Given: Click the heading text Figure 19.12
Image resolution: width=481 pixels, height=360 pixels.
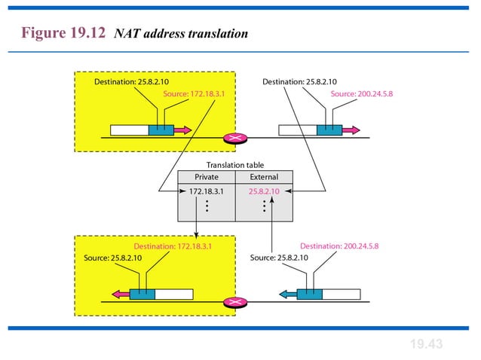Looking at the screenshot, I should [64, 34].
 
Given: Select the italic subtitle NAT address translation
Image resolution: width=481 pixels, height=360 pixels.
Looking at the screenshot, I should [181, 35].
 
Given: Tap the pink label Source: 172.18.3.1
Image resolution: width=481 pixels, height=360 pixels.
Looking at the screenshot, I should [194, 94].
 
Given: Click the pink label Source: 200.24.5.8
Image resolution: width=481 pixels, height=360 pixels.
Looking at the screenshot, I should [362, 94].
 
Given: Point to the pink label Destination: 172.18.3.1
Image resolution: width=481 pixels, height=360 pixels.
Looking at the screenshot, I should [173, 246].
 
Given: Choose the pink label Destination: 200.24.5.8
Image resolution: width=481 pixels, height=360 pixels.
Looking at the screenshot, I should [339, 246].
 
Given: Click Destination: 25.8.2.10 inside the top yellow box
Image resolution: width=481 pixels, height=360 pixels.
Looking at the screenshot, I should [131, 81].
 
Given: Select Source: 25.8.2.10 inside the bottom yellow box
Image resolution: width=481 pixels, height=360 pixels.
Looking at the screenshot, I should [113, 258].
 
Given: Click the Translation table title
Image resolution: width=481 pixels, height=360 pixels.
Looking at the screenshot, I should [235, 165].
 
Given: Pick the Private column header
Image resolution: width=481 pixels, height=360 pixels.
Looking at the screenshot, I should [207, 177].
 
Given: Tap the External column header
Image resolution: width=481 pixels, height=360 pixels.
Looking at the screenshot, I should [264, 177].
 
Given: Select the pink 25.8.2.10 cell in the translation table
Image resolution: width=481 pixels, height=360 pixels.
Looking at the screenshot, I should [264, 191].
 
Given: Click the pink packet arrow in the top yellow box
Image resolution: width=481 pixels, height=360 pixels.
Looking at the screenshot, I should [182, 130].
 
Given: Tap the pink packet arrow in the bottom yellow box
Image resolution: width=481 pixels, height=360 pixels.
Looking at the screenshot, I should [119, 294].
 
